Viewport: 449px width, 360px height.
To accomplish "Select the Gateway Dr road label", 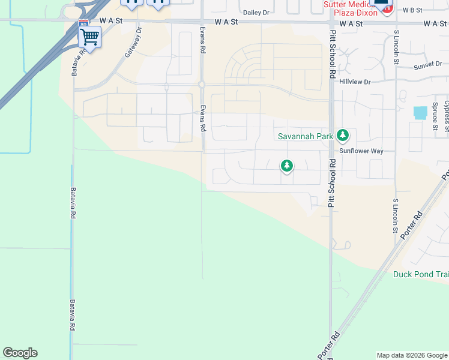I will coord(133,42).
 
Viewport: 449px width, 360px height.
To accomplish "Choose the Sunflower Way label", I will coord(361,151).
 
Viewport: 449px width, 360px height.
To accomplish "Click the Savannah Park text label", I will coord(305,136).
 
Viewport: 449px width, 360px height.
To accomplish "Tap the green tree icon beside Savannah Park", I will coord(343,136).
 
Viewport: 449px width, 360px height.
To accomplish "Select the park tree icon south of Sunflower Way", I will coord(287,166).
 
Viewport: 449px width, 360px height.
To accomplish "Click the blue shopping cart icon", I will coord(89,37).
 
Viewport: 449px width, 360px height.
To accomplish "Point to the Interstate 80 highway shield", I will coord(83,23).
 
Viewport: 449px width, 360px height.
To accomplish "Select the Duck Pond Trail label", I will coord(421,274).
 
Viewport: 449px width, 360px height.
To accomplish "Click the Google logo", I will coord(20,353).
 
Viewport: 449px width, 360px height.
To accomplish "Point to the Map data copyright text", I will coord(412,355).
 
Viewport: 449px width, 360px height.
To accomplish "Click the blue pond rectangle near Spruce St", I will coord(421,112).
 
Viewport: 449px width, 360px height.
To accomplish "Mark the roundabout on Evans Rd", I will coord(202,85).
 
